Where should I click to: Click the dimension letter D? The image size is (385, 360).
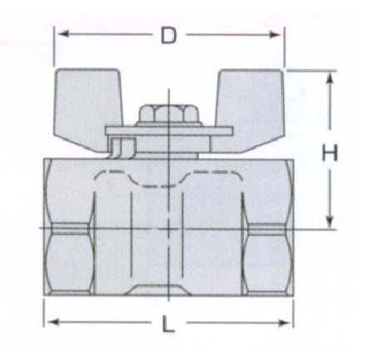169,36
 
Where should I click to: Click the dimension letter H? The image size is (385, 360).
330,152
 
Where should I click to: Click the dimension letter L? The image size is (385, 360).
168,323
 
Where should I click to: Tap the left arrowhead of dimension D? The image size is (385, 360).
64,34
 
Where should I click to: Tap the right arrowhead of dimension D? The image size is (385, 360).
275,35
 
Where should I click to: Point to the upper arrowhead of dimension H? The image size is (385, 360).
329,77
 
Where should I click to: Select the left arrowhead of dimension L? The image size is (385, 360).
53,322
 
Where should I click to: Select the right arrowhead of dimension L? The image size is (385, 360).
284,323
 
